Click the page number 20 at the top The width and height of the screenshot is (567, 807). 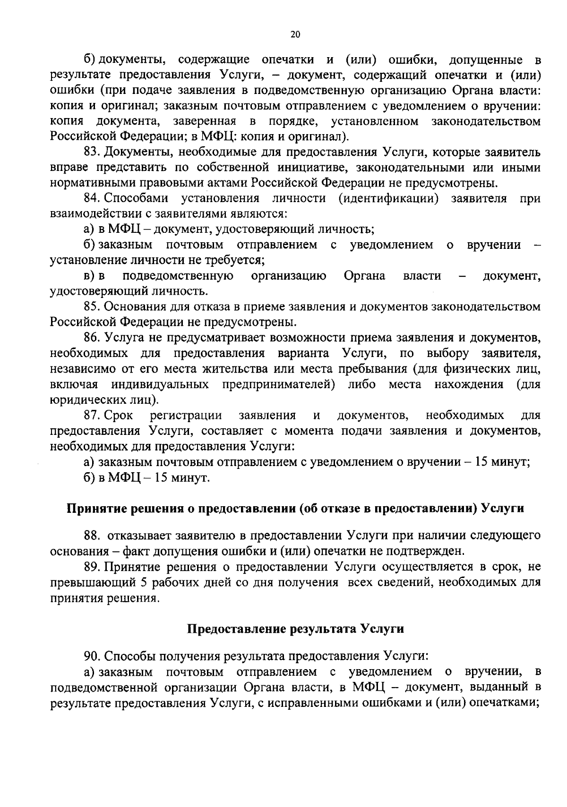[295, 34]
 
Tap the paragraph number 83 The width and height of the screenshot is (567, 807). [91, 153]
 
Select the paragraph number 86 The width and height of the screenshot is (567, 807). [91, 338]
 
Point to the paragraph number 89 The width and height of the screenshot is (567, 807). [91, 567]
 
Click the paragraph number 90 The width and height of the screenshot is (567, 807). [91, 656]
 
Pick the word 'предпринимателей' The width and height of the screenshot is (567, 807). [279, 384]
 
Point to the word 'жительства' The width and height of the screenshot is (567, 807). [221, 369]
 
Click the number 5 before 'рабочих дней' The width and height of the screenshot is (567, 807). [144, 583]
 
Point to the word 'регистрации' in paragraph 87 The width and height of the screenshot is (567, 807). [186, 416]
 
